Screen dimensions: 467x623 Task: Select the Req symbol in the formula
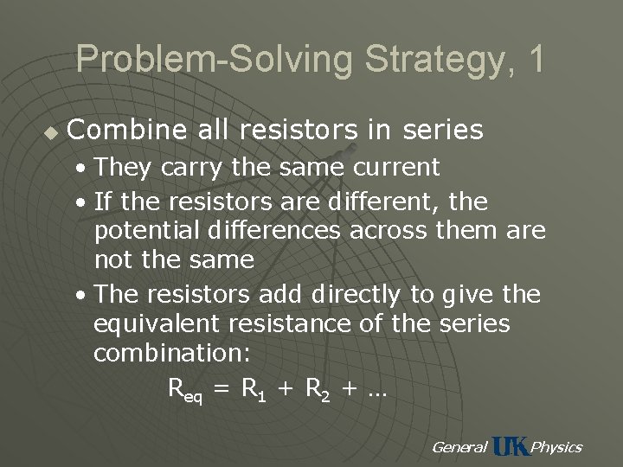(184, 391)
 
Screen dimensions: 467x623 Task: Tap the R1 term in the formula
(252, 390)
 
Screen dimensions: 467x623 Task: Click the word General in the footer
(459, 447)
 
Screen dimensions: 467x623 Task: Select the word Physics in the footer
(556, 447)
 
